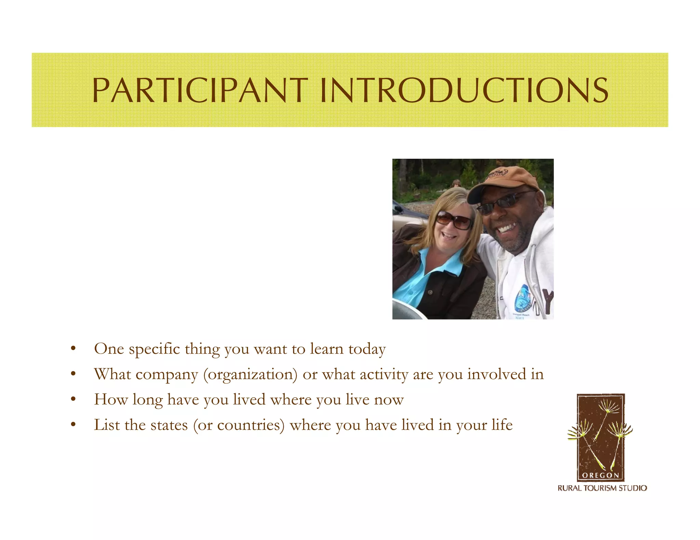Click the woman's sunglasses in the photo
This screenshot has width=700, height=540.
pos(454,221)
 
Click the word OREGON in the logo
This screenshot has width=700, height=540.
pos(601,475)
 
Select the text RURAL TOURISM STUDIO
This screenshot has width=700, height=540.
pos(602,488)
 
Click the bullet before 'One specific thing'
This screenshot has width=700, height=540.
pos(73,349)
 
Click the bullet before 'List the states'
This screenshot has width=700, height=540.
pos(73,425)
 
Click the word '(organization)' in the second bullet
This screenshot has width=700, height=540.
pos(251,375)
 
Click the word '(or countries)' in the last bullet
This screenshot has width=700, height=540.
pos(239,425)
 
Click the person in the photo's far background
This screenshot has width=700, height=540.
pos(455,183)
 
